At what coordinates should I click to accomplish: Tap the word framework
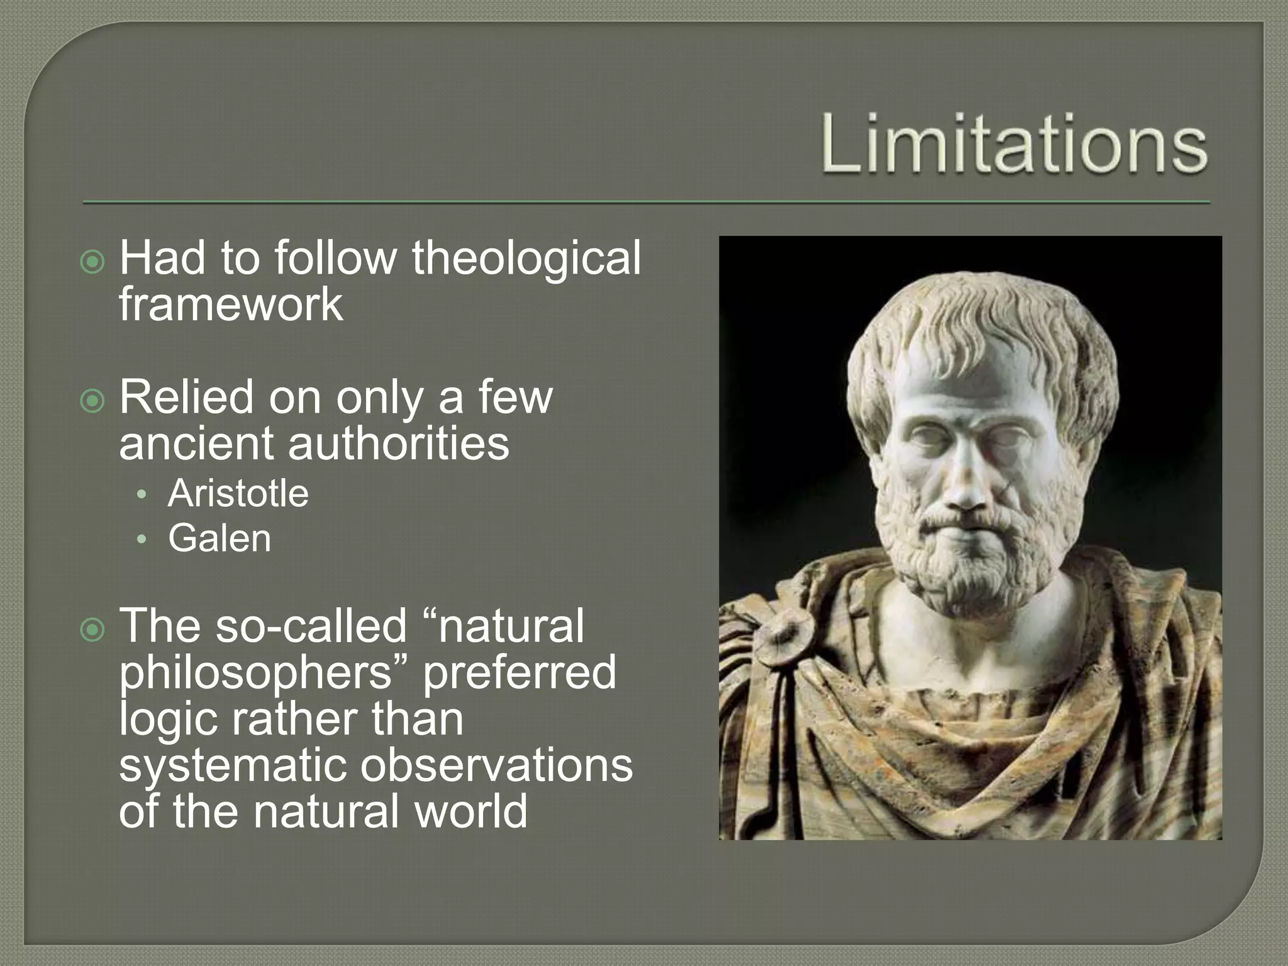click(x=231, y=304)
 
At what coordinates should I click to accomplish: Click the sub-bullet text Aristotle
click(x=238, y=493)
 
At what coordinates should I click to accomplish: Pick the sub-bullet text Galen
click(x=219, y=538)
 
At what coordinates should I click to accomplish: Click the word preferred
click(x=519, y=672)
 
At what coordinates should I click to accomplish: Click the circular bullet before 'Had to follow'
click(x=93, y=262)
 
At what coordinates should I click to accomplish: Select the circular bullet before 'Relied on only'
click(x=93, y=401)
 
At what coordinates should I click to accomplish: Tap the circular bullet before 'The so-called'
click(x=93, y=630)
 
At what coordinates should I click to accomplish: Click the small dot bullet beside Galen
click(x=142, y=539)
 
